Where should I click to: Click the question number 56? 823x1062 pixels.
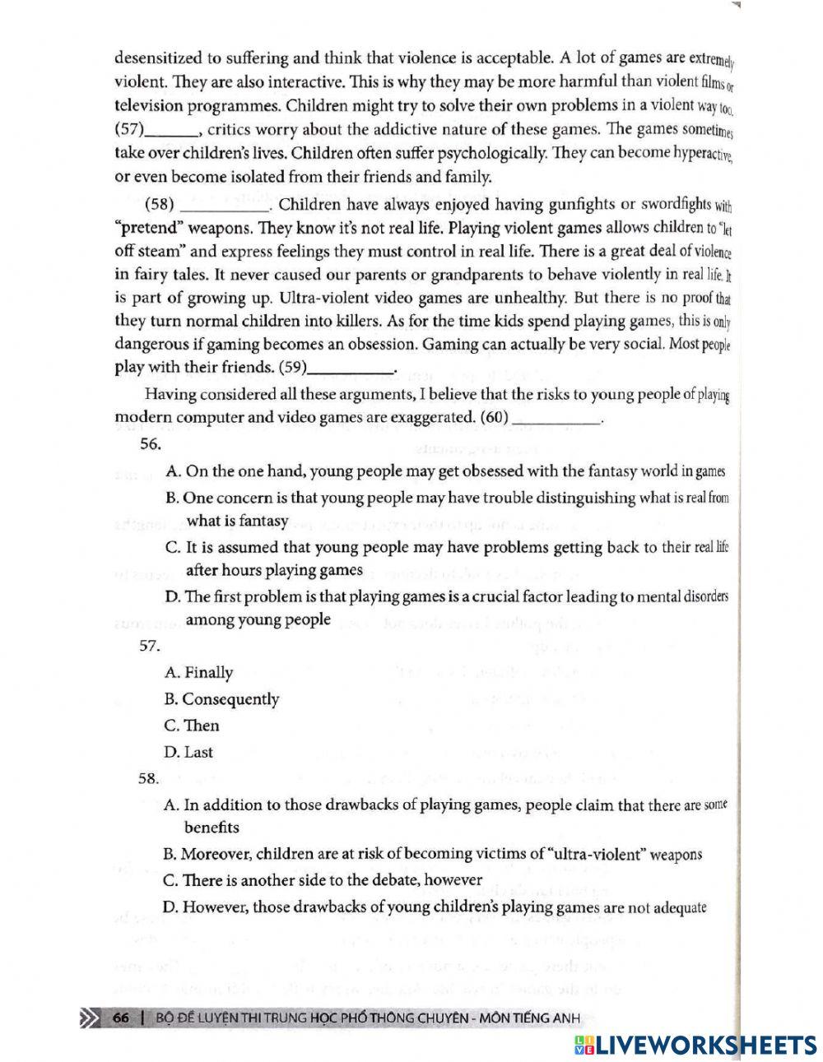click(150, 443)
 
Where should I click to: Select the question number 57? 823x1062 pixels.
click(150, 646)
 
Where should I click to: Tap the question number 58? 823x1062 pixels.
click(150, 777)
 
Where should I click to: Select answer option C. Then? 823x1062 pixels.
click(192, 725)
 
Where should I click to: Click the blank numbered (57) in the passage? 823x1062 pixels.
click(172, 131)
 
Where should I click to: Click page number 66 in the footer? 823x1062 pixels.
click(121, 1018)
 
